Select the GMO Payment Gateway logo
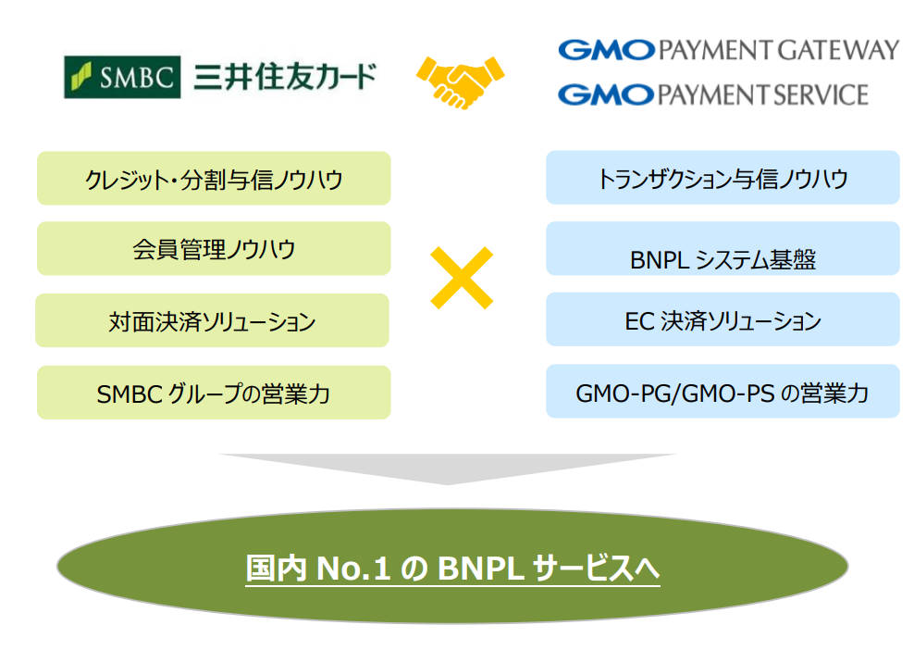coord(728,49)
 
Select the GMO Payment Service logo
coord(713,94)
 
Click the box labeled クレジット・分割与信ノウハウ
coord(214,179)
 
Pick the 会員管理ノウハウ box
coord(214,249)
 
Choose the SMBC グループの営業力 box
coord(214,394)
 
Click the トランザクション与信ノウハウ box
coord(723,178)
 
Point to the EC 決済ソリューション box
coord(723,320)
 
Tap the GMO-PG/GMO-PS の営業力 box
coord(723,393)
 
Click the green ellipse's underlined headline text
coord(452,568)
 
